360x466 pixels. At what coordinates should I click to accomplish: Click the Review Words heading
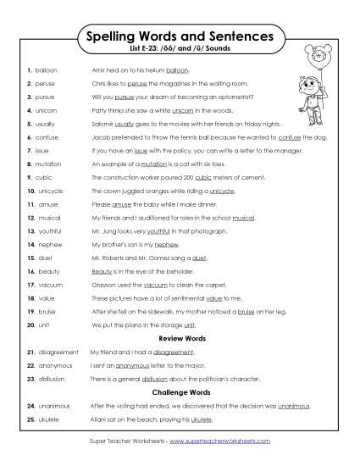pyautogui.click(x=180, y=338)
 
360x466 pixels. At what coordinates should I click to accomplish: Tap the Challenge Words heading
pyautogui.click(x=180, y=392)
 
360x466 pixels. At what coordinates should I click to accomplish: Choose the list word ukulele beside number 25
pyautogui.click(x=47, y=419)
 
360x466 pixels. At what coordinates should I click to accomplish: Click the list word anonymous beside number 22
pyautogui.click(x=51, y=364)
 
